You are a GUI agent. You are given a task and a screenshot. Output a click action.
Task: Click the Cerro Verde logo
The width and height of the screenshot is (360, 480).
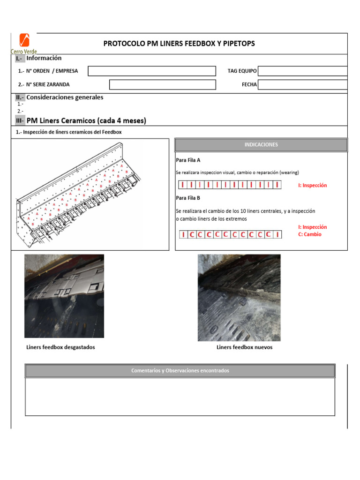pyautogui.click(x=23, y=43)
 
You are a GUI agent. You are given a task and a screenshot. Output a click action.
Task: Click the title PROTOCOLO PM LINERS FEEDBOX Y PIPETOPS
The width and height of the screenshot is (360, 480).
pyautogui.click(x=179, y=44)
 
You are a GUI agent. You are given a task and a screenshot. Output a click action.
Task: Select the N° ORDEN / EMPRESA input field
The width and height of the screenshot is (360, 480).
pyautogui.click(x=152, y=71)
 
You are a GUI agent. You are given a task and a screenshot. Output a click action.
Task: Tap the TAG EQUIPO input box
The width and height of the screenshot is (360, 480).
pyautogui.click(x=302, y=71)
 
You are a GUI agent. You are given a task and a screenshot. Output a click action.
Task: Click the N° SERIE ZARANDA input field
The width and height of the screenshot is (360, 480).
pyautogui.click(x=162, y=84)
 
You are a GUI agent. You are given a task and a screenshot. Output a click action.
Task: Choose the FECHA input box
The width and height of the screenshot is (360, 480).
pyautogui.click(x=302, y=84)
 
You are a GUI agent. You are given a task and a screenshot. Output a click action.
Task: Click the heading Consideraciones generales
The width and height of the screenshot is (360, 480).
pyautogui.click(x=65, y=97)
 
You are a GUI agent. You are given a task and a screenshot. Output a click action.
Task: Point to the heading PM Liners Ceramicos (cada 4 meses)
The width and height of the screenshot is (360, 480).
pyautogui.click(x=86, y=121)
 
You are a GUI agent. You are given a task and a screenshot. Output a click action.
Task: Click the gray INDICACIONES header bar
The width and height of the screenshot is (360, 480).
pyautogui.click(x=261, y=145)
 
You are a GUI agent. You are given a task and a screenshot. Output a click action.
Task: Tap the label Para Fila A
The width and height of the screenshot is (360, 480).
pyautogui.click(x=188, y=160)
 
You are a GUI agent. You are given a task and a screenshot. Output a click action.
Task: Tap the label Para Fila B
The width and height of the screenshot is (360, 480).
pyautogui.click(x=188, y=198)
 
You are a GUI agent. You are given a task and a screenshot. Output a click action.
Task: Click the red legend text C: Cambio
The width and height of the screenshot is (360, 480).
pyautogui.click(x=310, y=234)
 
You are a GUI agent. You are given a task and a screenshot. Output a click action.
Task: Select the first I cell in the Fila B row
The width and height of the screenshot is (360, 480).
pyautogui.click(x=183, y=234)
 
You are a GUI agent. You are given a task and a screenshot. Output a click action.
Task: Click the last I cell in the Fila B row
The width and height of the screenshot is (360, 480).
pyautogui.click(x=277, y=234)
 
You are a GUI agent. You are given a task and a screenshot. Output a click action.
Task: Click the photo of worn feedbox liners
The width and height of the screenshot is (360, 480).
pyautogui.click(x=64, y=296)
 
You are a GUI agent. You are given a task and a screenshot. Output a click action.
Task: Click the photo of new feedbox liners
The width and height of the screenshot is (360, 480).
pyautogui.click(x=239, y=298)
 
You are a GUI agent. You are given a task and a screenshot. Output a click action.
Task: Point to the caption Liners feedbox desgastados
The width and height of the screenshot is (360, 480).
pyautogui.click(x=61, y=347)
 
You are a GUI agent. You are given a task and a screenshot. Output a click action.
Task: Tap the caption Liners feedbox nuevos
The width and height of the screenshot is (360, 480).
pyautogui.click(x=244, y=347)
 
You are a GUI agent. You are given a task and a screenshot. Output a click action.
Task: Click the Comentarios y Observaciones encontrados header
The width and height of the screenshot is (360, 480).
pyautogui.click(x=180, y=371)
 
